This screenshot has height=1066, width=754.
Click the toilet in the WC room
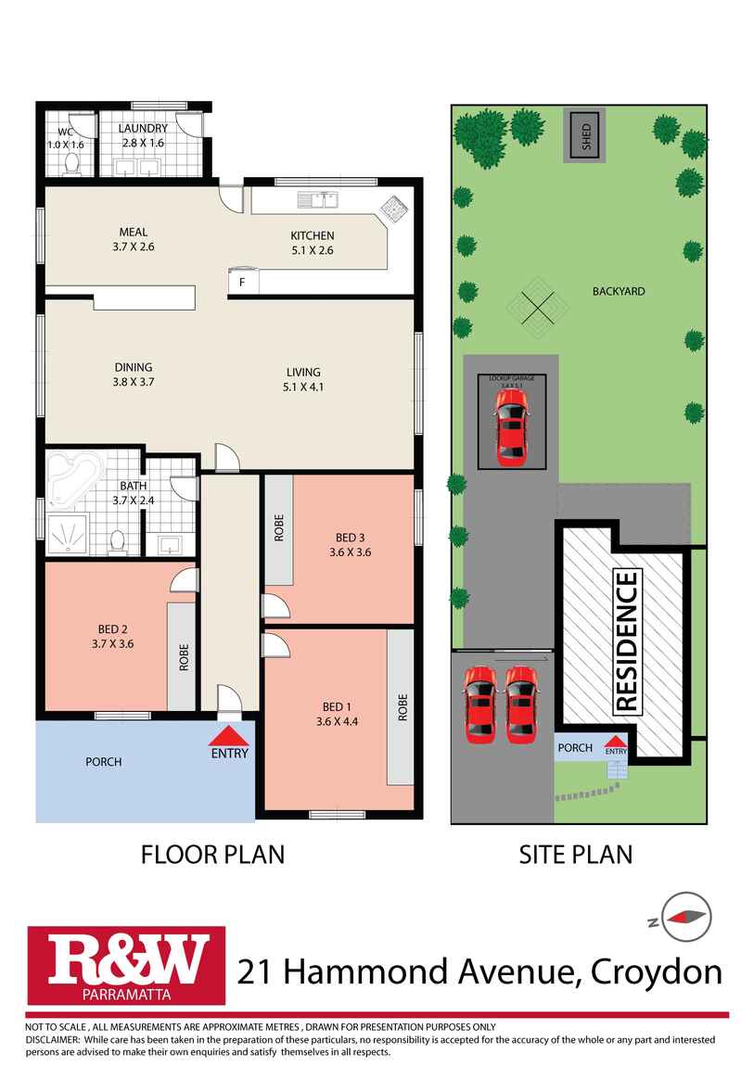pos(71,164)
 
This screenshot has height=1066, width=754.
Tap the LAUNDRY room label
pos(144,129)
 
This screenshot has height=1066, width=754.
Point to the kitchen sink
pos(317,199)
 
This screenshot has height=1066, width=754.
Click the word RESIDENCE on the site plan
pos(627,641)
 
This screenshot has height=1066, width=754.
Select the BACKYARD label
pos(619,291)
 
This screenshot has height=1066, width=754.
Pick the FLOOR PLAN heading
pos(212,854)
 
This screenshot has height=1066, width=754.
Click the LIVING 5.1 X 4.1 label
pos(303,380)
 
